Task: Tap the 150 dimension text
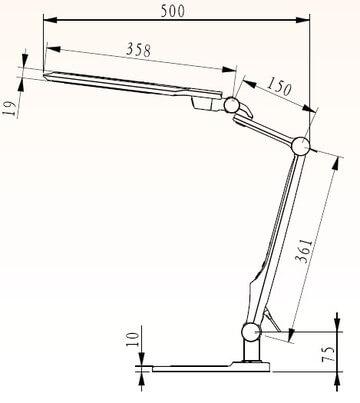coord(279,89)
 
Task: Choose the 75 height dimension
coord(344,354)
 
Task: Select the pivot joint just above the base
coord(249,333)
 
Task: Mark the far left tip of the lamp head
coord(44,71)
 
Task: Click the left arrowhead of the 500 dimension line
coord(47,20)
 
